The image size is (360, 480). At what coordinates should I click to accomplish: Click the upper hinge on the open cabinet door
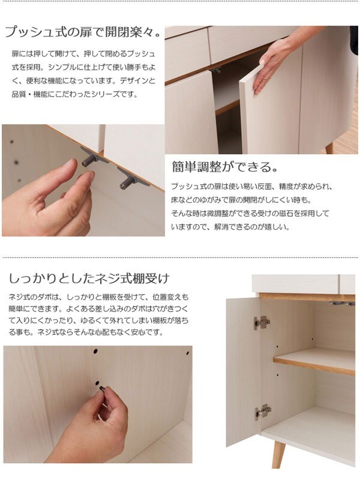(x=261, y=322)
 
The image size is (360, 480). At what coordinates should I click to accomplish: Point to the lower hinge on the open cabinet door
(x=262, y=412)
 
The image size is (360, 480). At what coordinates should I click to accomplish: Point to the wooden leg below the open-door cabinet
(x=277, y=457)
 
